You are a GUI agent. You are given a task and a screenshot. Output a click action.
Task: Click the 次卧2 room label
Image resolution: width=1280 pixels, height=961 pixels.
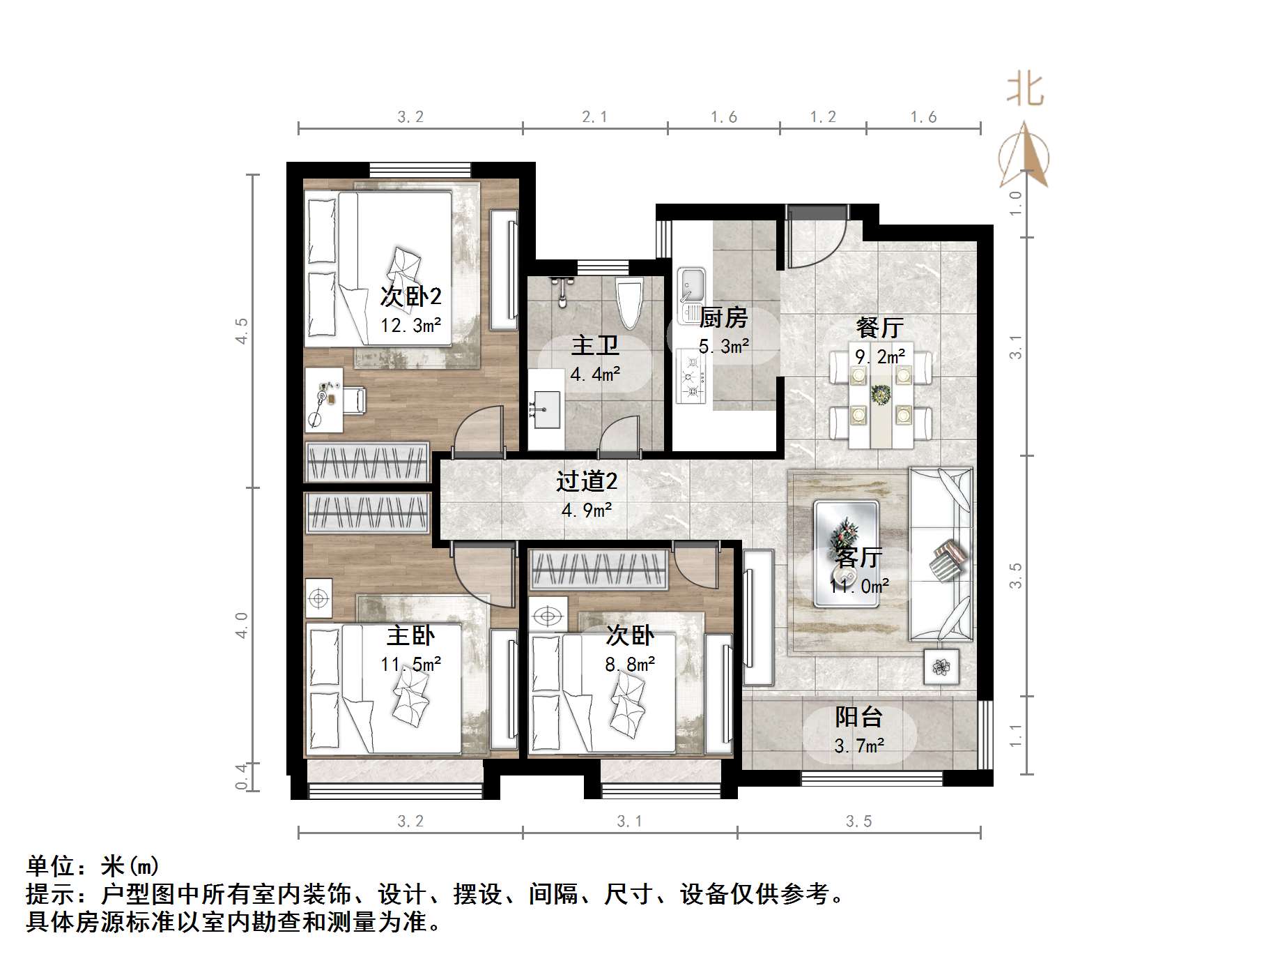[410, 297]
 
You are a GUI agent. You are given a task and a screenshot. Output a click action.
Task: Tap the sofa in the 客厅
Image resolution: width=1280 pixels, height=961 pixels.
[941, 554]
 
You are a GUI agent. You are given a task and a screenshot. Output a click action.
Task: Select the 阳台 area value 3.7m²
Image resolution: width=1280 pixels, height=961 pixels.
[858, 746]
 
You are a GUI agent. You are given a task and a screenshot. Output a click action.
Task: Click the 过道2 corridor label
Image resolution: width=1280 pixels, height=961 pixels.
[587, 482]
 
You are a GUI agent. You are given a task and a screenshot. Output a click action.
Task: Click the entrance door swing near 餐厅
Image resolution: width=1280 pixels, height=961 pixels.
[815, 241]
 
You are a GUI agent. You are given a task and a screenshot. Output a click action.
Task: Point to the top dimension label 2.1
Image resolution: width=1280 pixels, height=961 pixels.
[594, 117]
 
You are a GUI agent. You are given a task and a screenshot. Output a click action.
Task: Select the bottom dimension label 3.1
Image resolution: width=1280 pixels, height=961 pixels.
[629, 822]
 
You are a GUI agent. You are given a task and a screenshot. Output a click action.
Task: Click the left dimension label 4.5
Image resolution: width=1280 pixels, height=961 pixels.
[242, 331]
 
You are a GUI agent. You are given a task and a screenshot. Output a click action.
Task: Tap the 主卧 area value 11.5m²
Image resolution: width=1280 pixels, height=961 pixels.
[410, 664]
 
